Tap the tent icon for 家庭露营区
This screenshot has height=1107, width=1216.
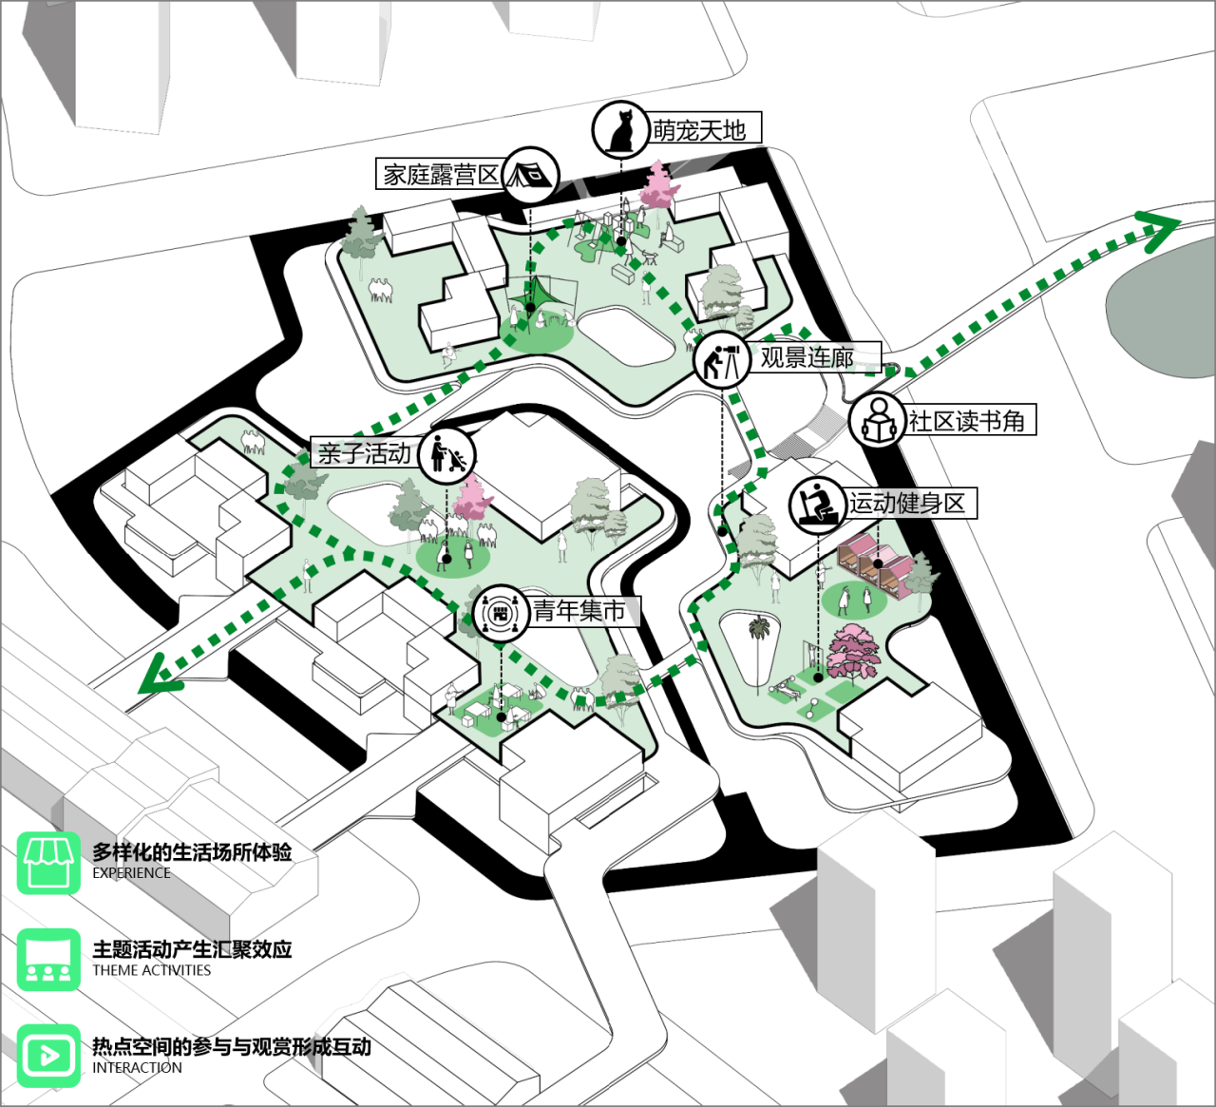[x=530, y=175]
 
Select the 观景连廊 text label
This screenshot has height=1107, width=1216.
[x=807, y=357]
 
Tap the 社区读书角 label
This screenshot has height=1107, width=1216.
[x=966, y=420]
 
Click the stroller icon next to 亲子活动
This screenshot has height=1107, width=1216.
[x=448, y=455]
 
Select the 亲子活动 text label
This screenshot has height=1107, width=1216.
[x=365, y=453]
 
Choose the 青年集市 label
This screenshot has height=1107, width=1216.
[x=579, y=611]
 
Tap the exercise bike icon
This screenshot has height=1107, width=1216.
[x=818, y=505]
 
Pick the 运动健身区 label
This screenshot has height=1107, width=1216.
[x=907, y=504]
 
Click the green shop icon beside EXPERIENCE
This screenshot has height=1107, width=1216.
[x=48, y=863]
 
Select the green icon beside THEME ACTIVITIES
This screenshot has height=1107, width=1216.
[x=48, y=960]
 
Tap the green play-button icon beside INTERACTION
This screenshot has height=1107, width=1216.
[x=48, y=1056]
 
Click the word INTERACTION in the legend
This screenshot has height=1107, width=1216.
[x=137, y=1068]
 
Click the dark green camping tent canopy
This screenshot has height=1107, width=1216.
[x=531, y=296]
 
